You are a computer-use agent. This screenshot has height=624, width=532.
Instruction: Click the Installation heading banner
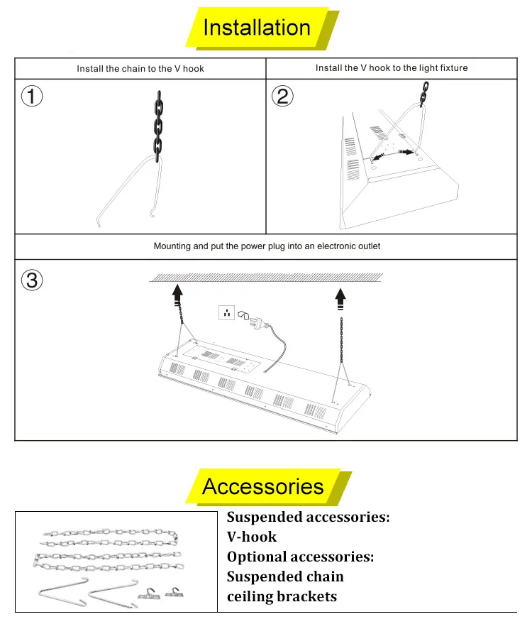257,28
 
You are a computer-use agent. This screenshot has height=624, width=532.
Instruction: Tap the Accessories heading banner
263,486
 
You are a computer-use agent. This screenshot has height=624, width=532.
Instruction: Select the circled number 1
31,96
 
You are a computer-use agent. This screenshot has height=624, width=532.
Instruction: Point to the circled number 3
31,280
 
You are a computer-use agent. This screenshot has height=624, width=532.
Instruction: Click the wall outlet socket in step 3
227,312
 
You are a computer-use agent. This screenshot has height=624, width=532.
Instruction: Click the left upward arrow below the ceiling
177,292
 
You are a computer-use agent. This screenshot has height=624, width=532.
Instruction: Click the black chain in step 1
159,124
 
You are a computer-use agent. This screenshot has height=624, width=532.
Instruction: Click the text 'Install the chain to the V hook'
140,69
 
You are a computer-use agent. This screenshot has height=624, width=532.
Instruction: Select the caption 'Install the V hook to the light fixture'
392,68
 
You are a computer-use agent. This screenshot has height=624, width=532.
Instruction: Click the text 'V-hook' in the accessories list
252,537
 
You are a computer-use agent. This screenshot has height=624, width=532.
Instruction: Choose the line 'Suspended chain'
285,576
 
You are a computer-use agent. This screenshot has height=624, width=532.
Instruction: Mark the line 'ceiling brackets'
282,596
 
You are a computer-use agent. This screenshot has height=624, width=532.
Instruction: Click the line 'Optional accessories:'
300,557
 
